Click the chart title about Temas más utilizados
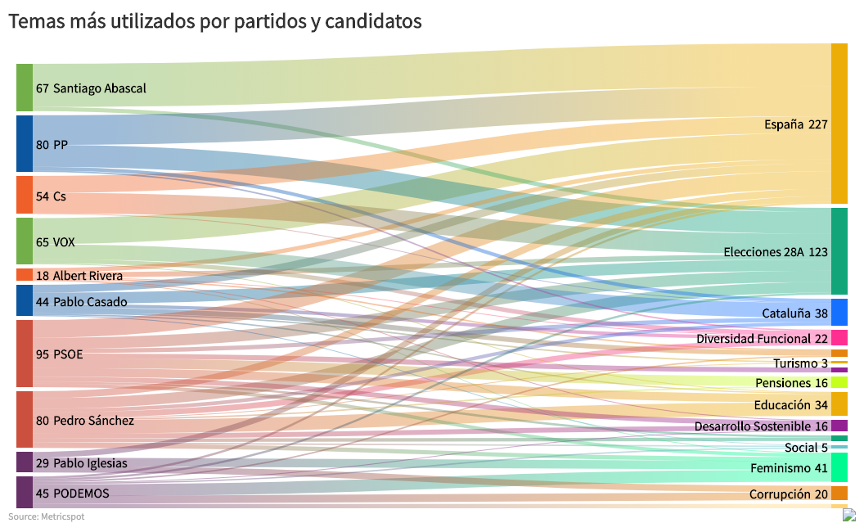[215, 22]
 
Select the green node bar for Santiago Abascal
[25, 88]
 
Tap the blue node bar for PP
[25, 144]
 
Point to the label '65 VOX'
[56, 242]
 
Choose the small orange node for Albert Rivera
[25, 275]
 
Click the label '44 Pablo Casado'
[81, 302]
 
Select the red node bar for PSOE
[25, 354]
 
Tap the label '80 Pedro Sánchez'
[84, 421]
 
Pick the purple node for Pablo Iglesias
[25, 462]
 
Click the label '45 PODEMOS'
[72, 493]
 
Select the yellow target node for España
[839, 124]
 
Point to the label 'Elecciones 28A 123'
[776, 252]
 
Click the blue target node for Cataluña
[839, 313]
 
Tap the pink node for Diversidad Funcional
[839, 338]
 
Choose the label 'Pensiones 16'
[791, 383]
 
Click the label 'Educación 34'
[791, 405]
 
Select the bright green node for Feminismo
[839, 468]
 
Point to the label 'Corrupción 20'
[789, 494]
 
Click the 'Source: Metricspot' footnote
[47, 516]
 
